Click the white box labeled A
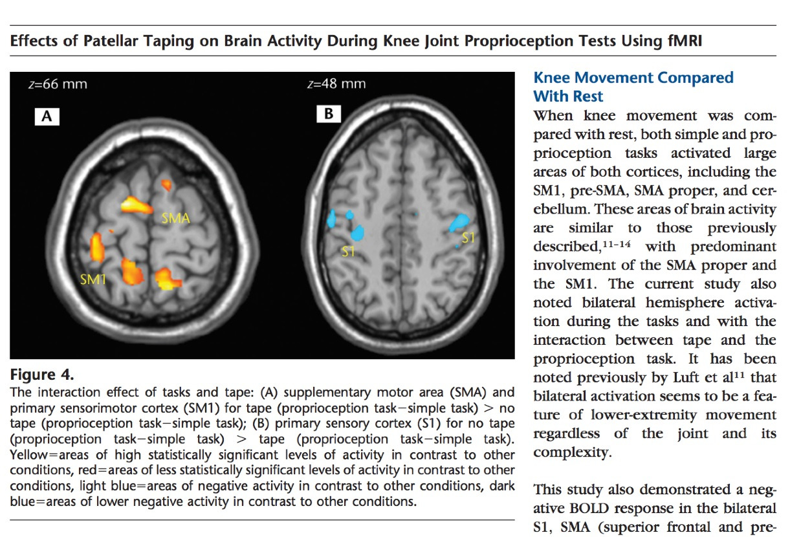coord(47,117)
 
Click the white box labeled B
coord(329,115)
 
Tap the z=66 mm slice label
coord(58,84)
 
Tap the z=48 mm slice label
coord(336,83)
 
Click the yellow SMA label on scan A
coord(175,218)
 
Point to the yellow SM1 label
coord(94,279)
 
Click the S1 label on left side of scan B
coord(349,251)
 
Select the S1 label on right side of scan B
coord(468,237)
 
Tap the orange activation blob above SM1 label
coord(97,247)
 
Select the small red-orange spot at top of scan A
coord(167,185)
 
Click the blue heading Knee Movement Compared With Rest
coord(633,87)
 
